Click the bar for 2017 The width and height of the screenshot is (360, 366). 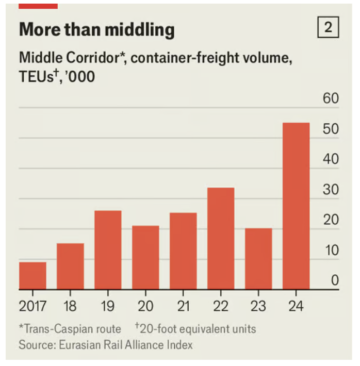click(x=32, y=276)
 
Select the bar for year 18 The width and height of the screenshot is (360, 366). click(x=70, y=267)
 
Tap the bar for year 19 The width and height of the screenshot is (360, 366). click(x=108, y=250)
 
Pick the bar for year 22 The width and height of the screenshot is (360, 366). click(x=221, y=239)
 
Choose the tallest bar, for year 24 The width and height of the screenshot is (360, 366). click(x=296, y=206)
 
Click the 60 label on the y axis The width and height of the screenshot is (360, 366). click(x=331, y=98)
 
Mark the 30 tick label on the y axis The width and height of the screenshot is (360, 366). click(x=331, y=190)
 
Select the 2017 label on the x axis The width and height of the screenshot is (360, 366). click(x=32, y=306)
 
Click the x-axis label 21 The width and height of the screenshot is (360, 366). click(x=183, y=306)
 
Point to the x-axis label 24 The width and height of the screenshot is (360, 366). click(x=296, y=306)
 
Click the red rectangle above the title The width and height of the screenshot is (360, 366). click(x=38, y=5)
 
